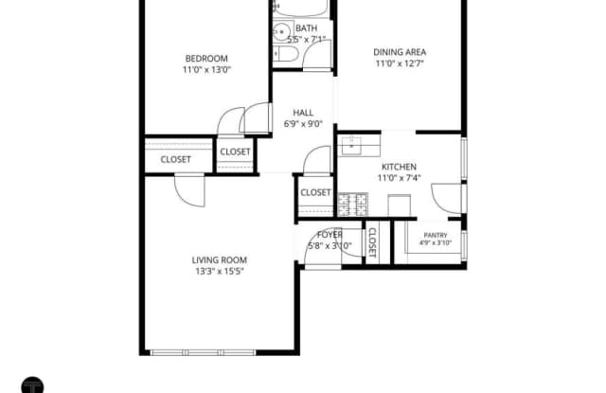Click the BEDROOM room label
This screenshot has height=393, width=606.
[206, 59]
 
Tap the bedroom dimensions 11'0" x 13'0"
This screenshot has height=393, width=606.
[206, 70]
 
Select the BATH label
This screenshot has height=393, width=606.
[306, 28]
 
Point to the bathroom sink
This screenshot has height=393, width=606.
[282, 31]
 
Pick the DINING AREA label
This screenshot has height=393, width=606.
[400, 52]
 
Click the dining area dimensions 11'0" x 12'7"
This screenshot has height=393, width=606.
[400, 63]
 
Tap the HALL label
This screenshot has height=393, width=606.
[303, 113]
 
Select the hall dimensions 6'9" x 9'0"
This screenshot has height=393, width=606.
[303, 124]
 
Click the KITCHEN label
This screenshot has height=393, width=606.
[399, 167]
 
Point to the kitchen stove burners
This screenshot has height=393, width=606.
[353, 205]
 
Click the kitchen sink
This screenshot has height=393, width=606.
[351, 146]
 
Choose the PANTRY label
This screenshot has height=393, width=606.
[436, 236]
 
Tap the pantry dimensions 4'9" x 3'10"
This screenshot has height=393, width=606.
[436, 243]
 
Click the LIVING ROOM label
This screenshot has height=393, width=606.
[220, 260]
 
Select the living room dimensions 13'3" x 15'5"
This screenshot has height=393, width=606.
[220, 271]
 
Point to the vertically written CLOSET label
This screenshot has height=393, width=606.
[372, 242]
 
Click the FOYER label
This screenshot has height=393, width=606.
[330, 235]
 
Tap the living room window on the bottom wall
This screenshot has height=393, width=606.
[203, 352]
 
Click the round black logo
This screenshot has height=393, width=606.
[32, 385]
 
